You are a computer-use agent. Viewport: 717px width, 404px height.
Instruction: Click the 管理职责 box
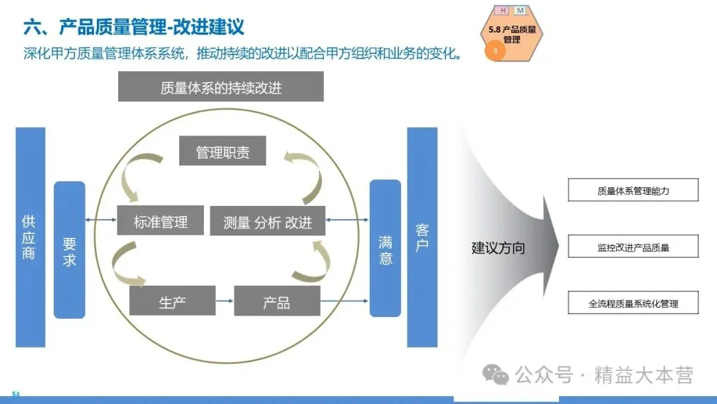click(222, 151)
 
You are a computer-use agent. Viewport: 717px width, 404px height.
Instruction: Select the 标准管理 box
click(160, 221)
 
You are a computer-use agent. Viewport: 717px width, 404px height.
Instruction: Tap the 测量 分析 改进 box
click(268, 221)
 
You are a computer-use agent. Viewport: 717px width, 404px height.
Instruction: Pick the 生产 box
click(173, 300)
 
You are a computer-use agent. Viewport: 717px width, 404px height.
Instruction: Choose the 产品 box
click(277, 300)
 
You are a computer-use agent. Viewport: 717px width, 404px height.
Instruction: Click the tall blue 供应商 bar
click(30, 237)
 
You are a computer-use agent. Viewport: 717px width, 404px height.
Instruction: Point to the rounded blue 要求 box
click(70, 250)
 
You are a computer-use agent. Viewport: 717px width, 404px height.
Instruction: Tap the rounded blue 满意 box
click(385, 248)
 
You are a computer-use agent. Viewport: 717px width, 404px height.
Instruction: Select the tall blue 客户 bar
click(422, 237)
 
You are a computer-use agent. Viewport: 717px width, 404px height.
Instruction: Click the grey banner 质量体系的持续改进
click(221, 86)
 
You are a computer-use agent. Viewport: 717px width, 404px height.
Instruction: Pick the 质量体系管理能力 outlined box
click(633, 190)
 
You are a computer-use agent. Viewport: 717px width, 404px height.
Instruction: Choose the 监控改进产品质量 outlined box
click(633, 246)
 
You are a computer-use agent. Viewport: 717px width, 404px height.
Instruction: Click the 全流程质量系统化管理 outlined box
click(633, 302)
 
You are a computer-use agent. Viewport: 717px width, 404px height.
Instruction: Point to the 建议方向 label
click(498, 248)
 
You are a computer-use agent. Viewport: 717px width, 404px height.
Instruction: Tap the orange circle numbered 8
click(495, 50)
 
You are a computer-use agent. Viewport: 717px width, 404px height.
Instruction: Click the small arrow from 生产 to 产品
click(224, 300)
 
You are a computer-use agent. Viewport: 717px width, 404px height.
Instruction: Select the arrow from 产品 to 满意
click(345, 300)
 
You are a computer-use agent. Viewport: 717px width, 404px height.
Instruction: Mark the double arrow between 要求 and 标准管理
click(101, 220)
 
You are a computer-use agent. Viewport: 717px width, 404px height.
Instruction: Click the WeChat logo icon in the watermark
click(496, 375)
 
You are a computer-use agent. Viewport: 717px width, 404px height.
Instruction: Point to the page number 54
click(16, 394)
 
